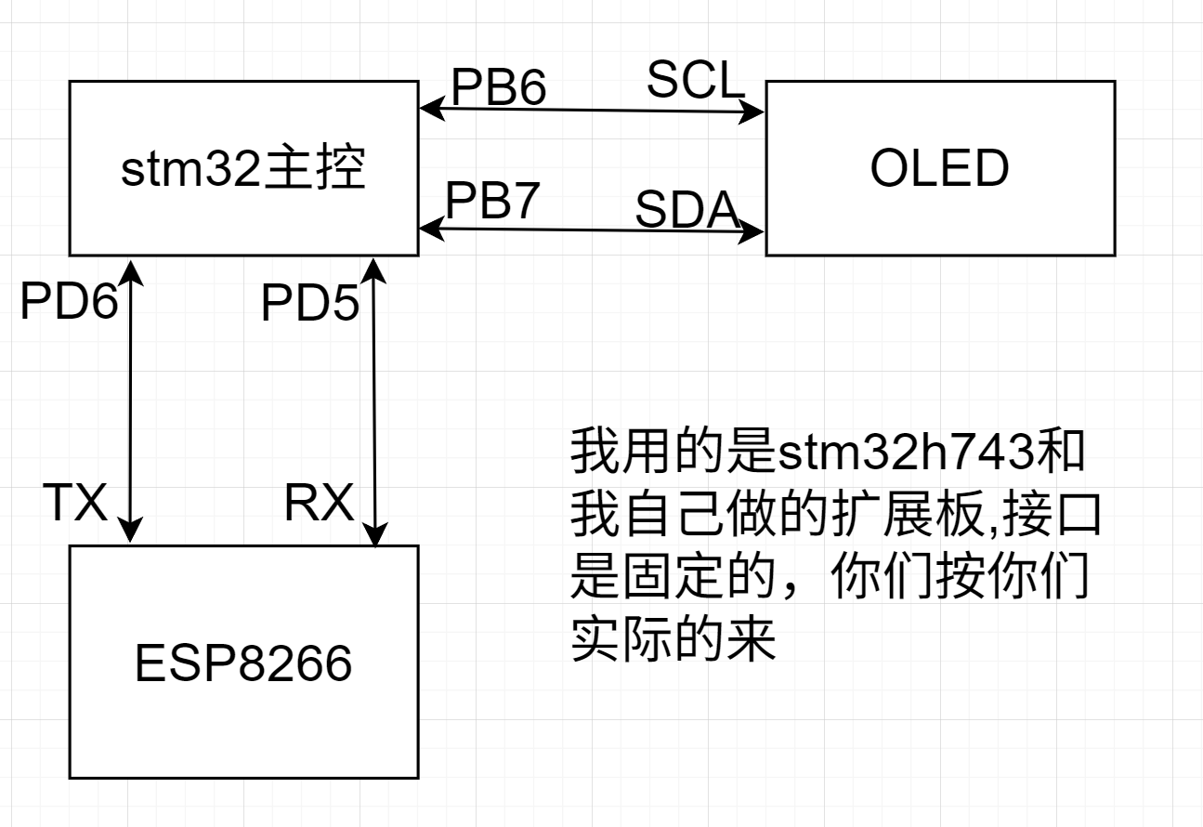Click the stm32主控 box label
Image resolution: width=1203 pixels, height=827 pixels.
tap(243, 169)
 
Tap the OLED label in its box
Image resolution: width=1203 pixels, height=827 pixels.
tap(939, 169)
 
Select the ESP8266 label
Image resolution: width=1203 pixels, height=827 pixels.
tap(243, 663)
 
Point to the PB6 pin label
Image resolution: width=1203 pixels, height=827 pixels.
tap(498, 87)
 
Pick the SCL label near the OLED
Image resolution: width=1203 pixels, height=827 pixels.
tap(696, 81)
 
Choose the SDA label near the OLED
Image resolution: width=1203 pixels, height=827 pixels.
tap(687, 212)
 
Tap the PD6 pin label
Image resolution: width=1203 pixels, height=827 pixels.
tap(70, 302)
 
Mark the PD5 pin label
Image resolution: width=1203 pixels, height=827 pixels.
tap(309, 304)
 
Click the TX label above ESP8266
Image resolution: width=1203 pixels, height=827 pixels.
tap(76, 505)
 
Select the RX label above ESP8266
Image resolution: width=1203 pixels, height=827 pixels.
tap(319, 505)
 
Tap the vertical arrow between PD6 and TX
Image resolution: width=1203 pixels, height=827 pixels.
tap(133, 400)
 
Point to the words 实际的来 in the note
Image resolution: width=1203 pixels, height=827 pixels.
tap(673, 640)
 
